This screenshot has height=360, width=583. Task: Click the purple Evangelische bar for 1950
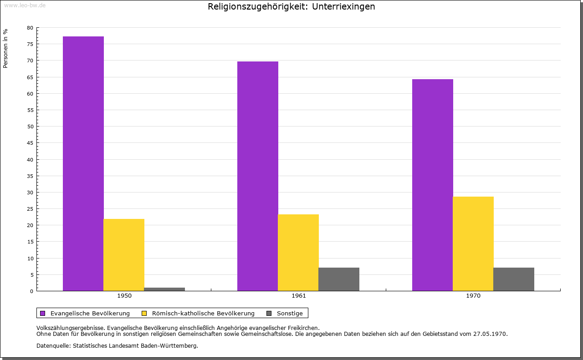pyautogui.click(x=83, y=163)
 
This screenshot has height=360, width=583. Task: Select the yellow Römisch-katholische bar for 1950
pyautogui.click(x=124, y=255)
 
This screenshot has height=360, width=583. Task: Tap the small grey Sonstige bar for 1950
pyautogui.click(x=164, y=289)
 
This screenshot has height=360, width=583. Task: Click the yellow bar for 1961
pyautogui.click(x=298, y=253)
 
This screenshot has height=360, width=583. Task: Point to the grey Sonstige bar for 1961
pyautogui.click(x=339, y=279)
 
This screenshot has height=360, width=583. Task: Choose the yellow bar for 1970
pyautogui.click(x=473, y=243)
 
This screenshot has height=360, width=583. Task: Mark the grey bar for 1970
pyautogui.click(x=514, y=279)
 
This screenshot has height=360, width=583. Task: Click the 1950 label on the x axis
pyautogui.click(x=124, y=296)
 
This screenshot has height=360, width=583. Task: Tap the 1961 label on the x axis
pyautogui.click(x=299, y=296)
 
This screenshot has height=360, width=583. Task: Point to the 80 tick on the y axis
pyautogui.click(x=30, y=28)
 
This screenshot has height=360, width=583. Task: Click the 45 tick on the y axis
pyautogui.click(x=30, y=143)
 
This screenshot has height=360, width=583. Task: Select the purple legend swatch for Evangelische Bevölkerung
pyautogui.click(x=43, y=313)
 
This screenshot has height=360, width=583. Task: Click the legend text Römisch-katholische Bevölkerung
pyautogui.click(x=203, y=313)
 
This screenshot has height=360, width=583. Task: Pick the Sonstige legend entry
pyautogui.click(x=290, y=313)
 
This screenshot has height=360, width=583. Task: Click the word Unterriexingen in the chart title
pyautogui.click(x=343, y=7)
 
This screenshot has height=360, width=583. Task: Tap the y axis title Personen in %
pyautogui.click(x=5, y=48)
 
